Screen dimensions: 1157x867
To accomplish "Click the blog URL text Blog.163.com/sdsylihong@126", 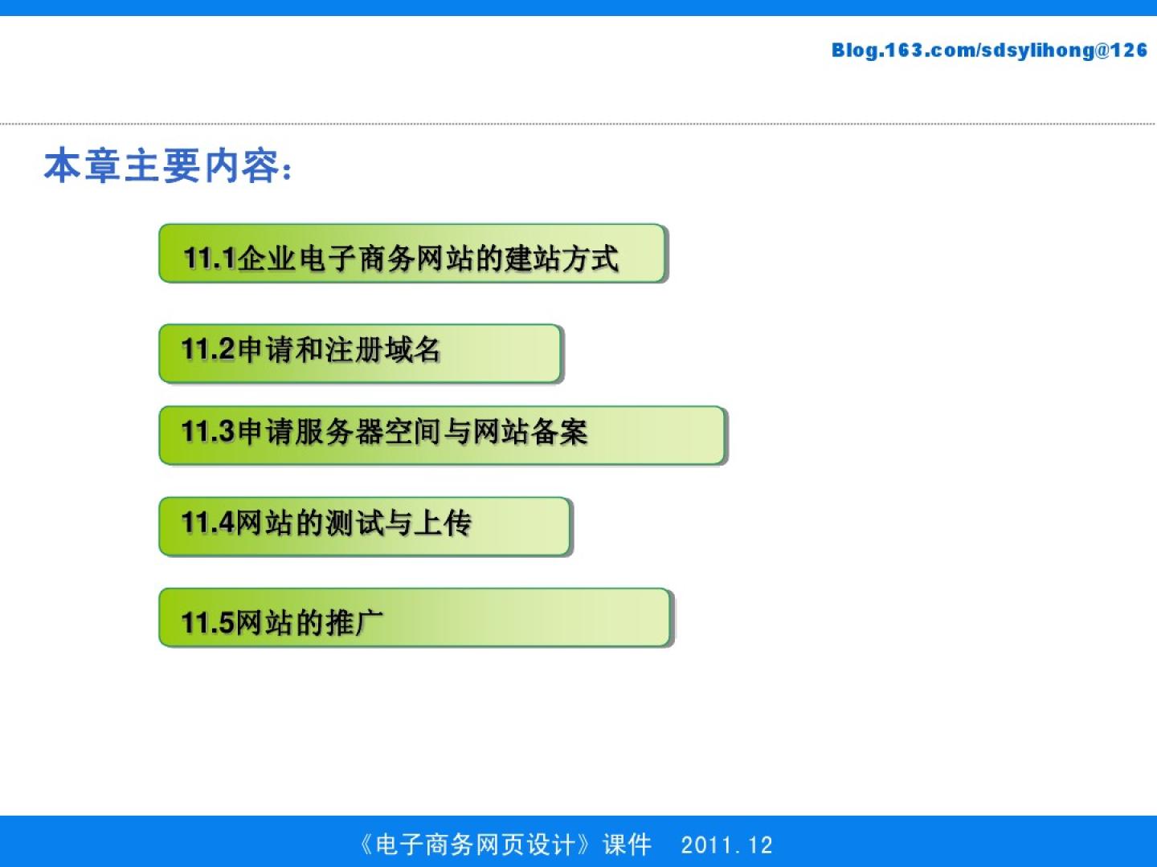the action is [x=989, y=51].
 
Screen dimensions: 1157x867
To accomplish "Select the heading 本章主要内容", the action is [x=161, y=166].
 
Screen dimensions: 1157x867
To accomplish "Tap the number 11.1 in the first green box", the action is [x=209, y=258].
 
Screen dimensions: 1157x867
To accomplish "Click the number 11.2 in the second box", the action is [x=207, y=349].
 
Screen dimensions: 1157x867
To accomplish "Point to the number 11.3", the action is [x=207, y=431].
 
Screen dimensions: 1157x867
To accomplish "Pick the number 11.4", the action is [x=207, y=523].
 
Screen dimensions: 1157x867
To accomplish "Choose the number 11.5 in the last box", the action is [x=207, y=622].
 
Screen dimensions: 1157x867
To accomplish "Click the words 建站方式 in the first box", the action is [x=562, y=258].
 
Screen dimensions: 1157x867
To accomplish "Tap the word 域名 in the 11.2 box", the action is [x=412, y=349].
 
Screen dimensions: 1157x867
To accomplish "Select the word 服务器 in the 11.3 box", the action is [x=339, y=432].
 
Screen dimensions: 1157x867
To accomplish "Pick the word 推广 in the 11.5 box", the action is [x=354, y=622].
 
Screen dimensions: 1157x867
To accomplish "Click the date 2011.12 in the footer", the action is [x=727, y=845].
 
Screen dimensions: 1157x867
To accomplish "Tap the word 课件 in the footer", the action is [x=628, y=845].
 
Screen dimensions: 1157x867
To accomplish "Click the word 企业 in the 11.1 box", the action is [x=266, y=258].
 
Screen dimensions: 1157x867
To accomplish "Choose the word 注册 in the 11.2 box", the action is [x=354, y=349].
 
